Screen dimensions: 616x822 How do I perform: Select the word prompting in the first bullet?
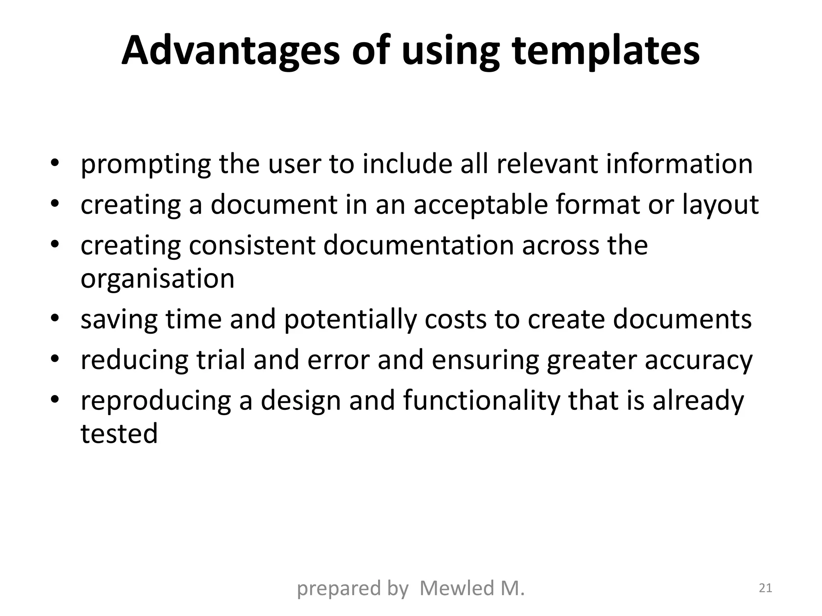146,164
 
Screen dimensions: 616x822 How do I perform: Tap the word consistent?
252,245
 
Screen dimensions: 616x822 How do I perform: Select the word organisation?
157,278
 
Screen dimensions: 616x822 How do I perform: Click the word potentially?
350,320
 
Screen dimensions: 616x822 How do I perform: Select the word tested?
119,434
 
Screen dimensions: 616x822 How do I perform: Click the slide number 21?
765,588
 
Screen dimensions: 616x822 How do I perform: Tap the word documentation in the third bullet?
419,245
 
